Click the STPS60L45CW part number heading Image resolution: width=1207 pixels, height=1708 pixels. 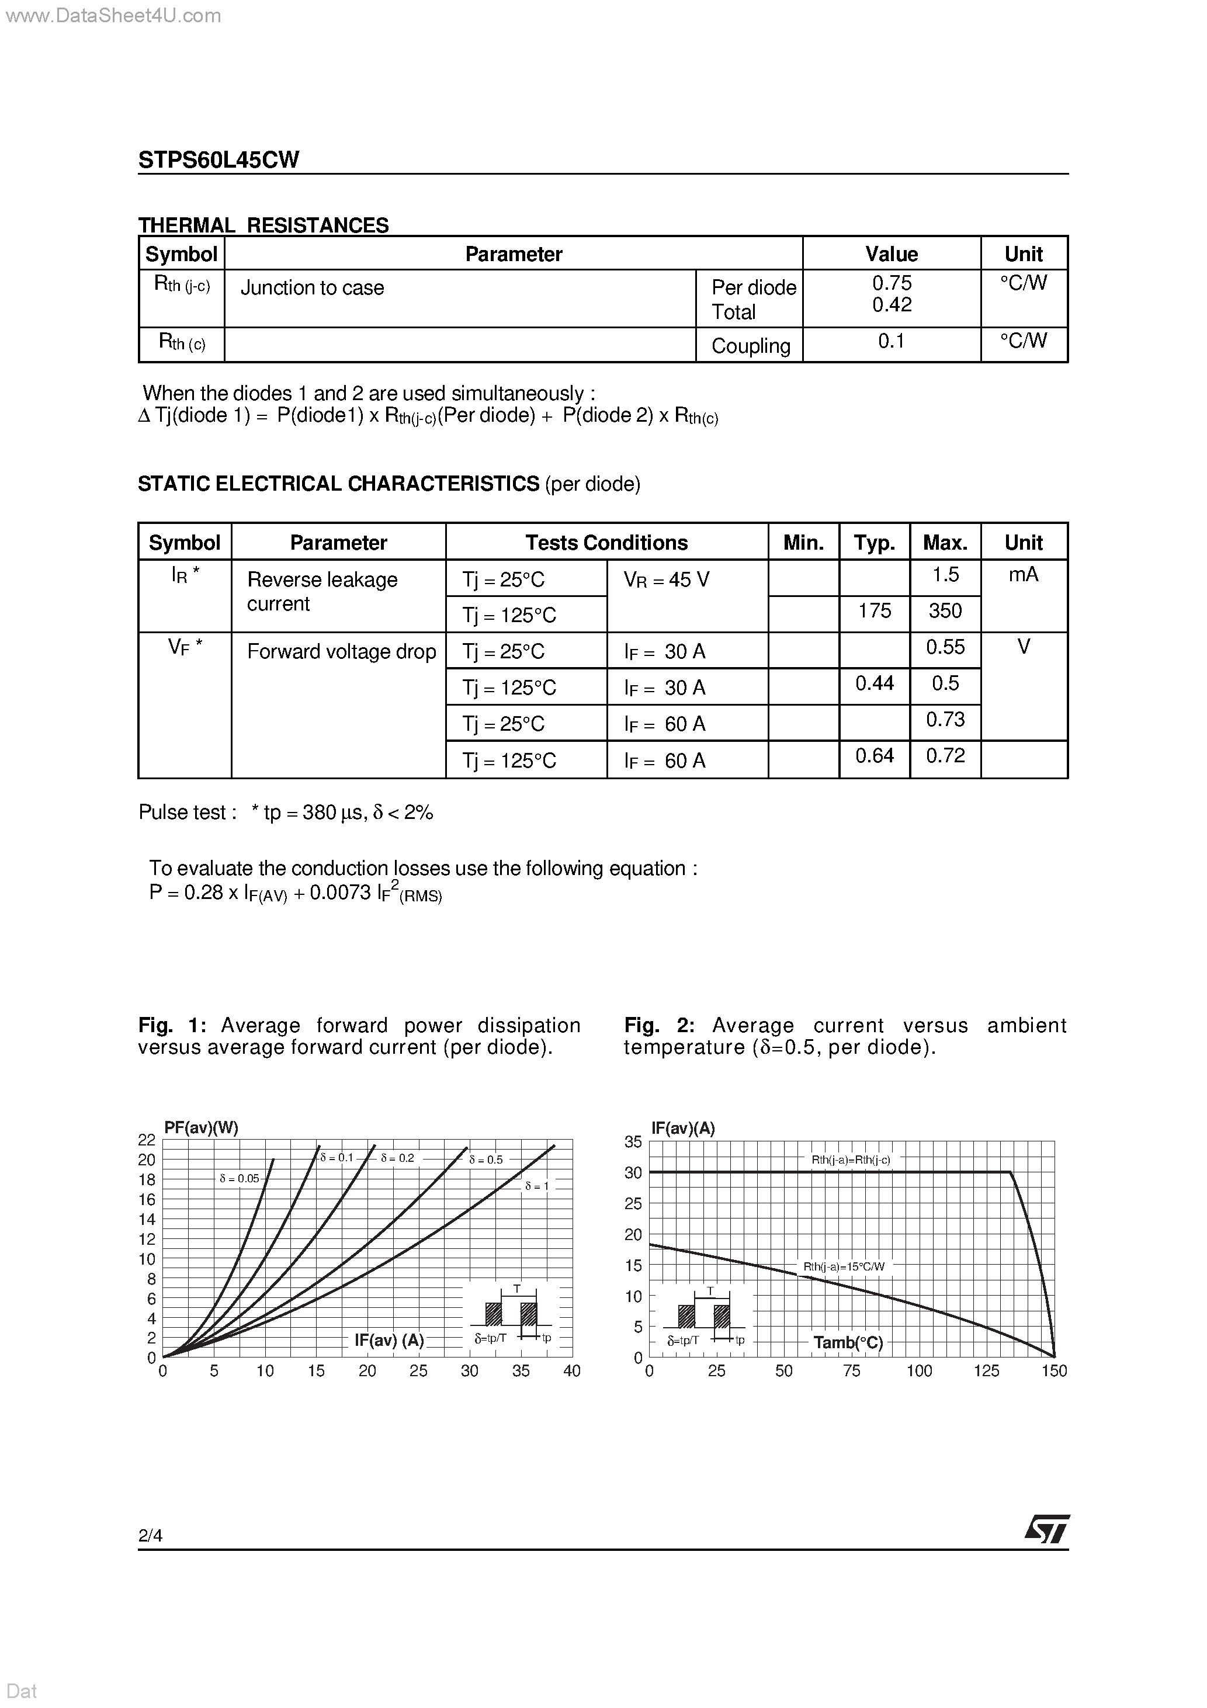pos(218,160)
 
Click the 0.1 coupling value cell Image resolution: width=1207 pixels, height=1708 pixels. pos(891,342)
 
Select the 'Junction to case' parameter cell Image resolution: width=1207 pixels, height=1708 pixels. pos(312,288)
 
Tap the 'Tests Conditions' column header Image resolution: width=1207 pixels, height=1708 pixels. pos(606,542)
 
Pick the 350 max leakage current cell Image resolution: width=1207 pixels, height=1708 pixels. pos(945,611)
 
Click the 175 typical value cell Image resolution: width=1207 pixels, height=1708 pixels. pos(875,611)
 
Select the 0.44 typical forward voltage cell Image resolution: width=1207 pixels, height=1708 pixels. pos(875,683)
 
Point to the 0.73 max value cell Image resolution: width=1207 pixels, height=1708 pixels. pos(945,719)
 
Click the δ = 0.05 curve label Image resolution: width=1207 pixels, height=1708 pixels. pos(240,1178)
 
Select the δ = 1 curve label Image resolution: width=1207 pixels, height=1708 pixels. pos(536,1186)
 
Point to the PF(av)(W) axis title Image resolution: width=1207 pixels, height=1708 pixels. pos(201,1128)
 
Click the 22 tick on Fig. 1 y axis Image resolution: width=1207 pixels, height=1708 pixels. pos(147,1140)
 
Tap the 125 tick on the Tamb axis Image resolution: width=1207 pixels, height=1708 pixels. pos(986,1370)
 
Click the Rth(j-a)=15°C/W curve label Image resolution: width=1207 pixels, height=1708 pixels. pos(844,1266)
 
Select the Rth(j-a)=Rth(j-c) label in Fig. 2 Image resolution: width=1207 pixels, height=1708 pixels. pos(851,1160)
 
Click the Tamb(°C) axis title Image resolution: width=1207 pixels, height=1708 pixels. pos(848,1342)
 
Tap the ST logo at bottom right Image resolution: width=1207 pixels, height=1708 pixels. pos(1047,1530)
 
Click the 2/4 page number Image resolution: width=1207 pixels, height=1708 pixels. pos(150,1535)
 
